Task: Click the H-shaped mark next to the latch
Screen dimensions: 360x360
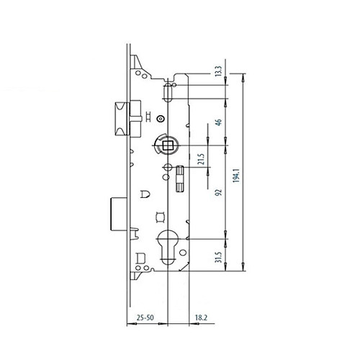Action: pos(147,118)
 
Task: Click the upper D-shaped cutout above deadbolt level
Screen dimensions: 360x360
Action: pos(145,193)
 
